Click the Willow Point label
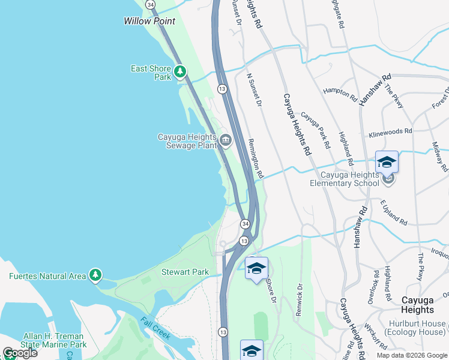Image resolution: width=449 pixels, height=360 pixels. tap(149, 21)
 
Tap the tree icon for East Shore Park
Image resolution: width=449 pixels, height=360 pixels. tap(180, 73)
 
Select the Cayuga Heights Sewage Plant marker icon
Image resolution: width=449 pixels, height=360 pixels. tap(225, 141)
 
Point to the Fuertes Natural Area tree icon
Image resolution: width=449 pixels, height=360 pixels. tap(95, 275)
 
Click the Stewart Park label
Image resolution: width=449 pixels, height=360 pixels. tap(185, 272)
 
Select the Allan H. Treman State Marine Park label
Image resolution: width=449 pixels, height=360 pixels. tap(55, 340)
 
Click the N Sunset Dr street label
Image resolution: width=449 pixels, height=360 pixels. tap(255, 91)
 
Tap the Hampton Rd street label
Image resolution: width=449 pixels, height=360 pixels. tap(340, 91)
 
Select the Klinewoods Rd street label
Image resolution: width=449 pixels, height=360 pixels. tap(391, 131)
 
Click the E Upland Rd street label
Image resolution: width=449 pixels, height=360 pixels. tap(393, 212)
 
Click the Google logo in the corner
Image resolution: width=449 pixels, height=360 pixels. tap(20, 353)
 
